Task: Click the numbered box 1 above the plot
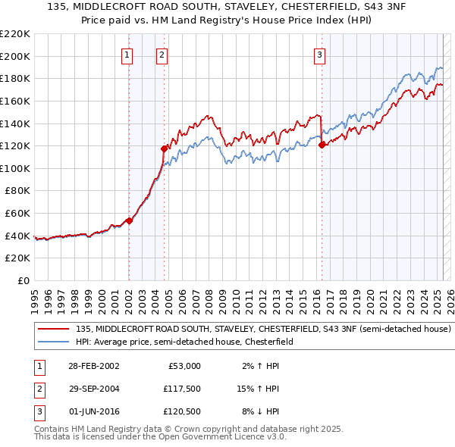(127, 55)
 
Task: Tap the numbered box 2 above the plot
(162, 55)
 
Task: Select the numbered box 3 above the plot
(320, 55)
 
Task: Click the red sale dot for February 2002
(129, 220)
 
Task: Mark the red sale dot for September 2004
(164, 148)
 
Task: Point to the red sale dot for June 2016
(322, 145)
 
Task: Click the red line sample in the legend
(54, 330)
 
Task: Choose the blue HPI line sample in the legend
(54, 342)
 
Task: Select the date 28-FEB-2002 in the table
(94, 366)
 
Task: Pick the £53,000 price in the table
(184, 366)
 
